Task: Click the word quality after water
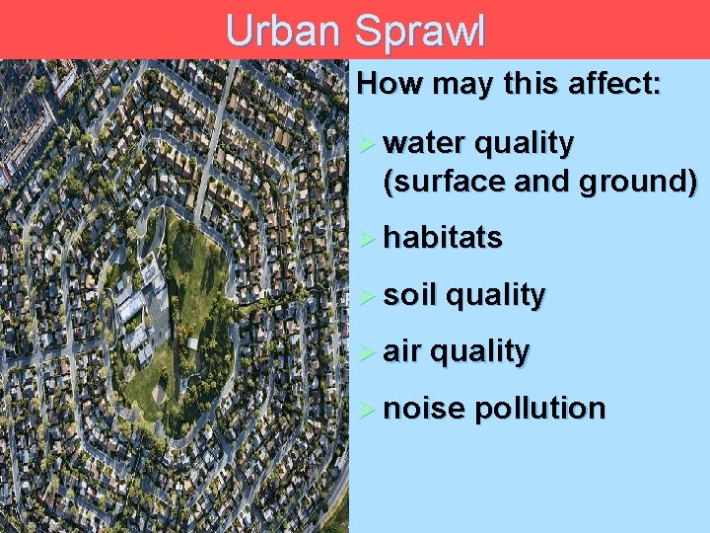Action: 524,144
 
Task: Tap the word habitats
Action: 443,238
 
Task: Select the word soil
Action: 408,295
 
